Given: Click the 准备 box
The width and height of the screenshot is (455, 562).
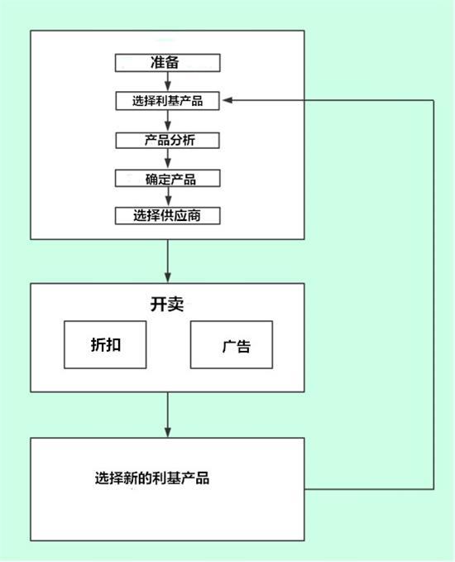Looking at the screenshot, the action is click(x=167, y=63).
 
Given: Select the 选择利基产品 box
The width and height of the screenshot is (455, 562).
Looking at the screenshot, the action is click(x=167, y=101).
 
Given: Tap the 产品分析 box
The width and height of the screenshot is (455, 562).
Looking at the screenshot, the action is click(x=167, y=140).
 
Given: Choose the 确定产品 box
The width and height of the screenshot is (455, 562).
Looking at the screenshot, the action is click(x=167, y=178).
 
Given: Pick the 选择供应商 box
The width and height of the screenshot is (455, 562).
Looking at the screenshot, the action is click(x=167, y=216).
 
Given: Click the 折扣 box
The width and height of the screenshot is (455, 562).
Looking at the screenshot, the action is click(x=105, y=344).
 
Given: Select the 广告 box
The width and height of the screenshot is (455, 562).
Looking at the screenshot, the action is click(x=232, y=344).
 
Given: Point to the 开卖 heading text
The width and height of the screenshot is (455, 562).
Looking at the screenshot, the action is click(x=167, y=305).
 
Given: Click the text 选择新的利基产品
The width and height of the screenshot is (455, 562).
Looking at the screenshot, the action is click(x=152, y=478).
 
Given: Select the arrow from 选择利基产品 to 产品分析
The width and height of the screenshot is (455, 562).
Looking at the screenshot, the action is click(x=168, y=121).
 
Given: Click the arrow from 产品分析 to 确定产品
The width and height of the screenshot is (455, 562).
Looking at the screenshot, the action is click(x=168, y=159).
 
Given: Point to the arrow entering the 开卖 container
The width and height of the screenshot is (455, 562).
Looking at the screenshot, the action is click(x=168, y=262).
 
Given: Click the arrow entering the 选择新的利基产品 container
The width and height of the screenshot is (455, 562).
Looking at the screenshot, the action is click(x=168, y=415).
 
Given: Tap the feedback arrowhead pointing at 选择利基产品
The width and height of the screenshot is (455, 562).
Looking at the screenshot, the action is click(x=227, y=100).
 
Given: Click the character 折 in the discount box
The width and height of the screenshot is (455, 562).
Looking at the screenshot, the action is click(x=98, y=345).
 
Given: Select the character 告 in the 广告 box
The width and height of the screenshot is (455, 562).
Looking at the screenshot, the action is click(x=243, y=347).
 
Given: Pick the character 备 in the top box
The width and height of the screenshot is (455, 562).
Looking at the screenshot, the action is click(x=172, y=63).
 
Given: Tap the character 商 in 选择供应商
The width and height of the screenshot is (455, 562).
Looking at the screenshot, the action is click(x=194, y=216).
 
